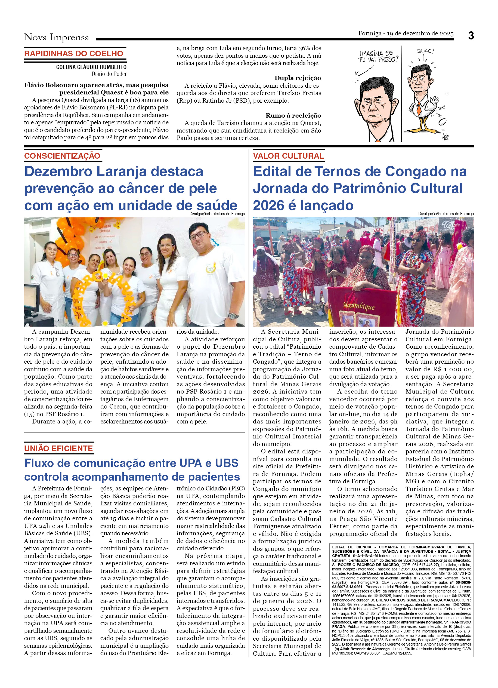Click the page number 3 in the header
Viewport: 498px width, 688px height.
pos(471,36)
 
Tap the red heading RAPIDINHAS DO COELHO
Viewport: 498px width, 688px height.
pos(74,54)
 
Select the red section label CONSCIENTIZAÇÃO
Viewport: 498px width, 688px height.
pos(62,156)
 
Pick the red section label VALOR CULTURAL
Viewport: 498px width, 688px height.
pos(288,156)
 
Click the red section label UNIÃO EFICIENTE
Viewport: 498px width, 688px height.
pos(58,448)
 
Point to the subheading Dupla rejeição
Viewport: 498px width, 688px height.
pos(298,78)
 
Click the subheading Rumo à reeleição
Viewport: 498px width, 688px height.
pos(293,115)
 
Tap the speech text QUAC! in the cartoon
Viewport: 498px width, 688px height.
pos(425,51)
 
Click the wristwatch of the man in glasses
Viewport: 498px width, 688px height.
pos(233,316)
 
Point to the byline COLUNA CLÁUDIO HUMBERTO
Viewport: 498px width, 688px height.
pos(91,67)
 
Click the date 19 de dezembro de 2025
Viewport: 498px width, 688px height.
pos(420,33)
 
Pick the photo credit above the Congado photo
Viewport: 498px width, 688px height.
pos(446,214)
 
